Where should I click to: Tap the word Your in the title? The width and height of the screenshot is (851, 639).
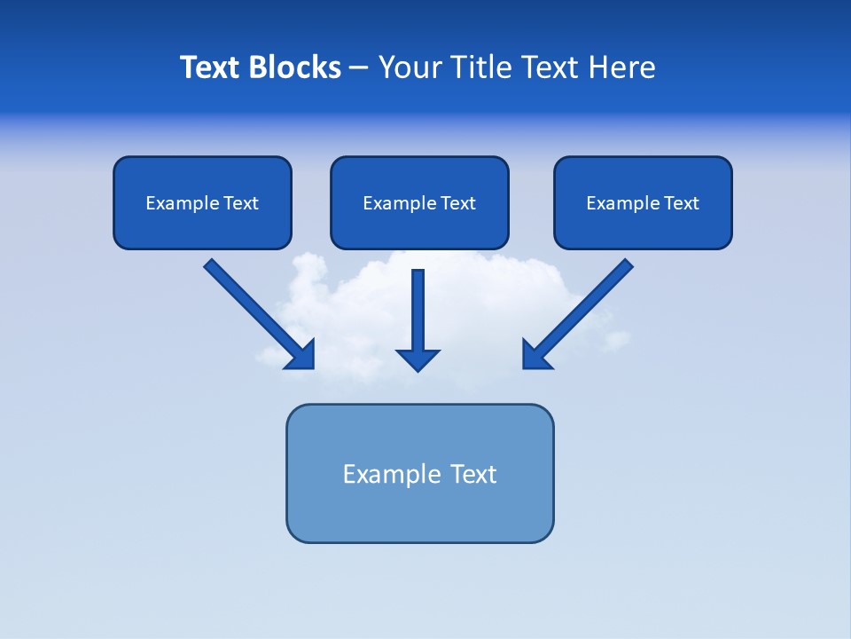(x=410, y=67)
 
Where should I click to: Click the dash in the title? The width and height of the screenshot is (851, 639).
(x=359, y=68)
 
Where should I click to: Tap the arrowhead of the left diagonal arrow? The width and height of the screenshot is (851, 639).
(x=301, y=356)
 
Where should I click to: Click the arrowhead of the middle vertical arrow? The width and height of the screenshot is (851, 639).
(x=418, y=359)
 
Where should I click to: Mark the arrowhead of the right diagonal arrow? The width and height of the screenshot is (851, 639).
(x=535, y=356)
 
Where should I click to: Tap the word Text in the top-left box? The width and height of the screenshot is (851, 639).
(x=240, y=203)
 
